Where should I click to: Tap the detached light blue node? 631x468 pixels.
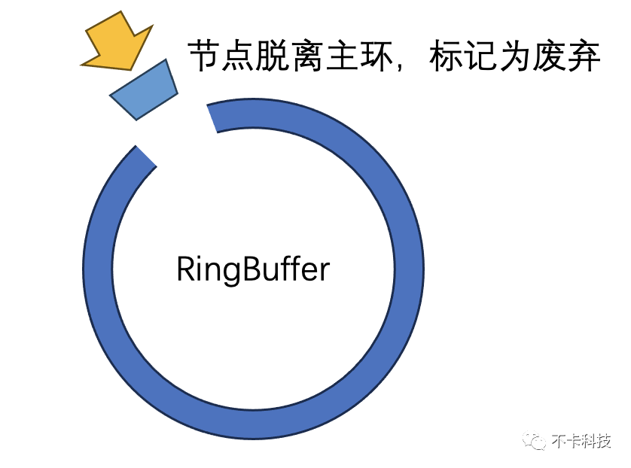point(144,90)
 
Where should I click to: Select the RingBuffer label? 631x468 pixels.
point(253,269)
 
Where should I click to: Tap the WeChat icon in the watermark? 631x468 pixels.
point(537,440)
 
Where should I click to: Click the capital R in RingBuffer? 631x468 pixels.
point(185,269)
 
